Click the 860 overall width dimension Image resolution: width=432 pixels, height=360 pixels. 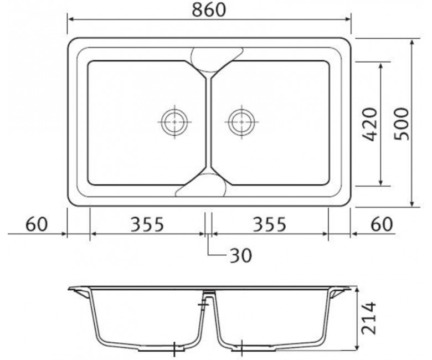click(209, 9)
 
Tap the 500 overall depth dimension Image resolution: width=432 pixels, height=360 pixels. click(401, 124)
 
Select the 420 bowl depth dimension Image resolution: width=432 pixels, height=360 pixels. click(369, 125)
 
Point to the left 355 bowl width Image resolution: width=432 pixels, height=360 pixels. click(147, 224)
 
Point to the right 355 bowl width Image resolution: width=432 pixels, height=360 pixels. click(270, 224)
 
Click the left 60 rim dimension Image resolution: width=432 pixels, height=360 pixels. click(37, 224)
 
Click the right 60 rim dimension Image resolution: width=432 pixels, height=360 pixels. click(381, 224)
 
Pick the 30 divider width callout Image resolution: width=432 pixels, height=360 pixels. click(241, 255)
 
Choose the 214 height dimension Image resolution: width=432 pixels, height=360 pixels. click(369, 318)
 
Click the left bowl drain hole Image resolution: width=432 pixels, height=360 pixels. click(174, 122)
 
